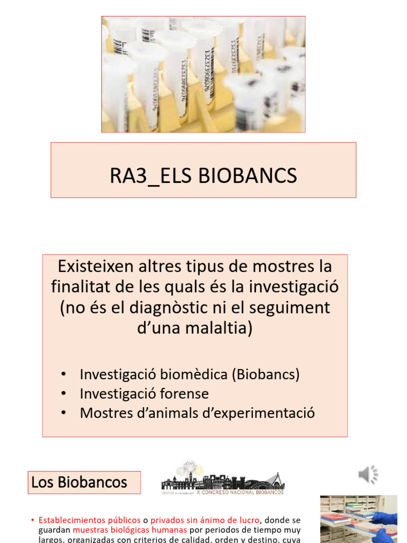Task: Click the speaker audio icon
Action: point(368,475)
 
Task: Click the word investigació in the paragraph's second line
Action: point(294,287)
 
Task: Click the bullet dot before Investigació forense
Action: point(64,394)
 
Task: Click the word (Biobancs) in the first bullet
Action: point(266,374)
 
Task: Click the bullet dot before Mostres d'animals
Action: point(64,413)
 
